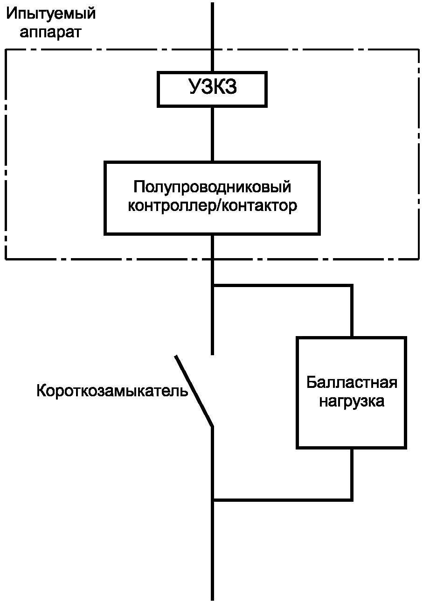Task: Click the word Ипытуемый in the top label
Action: click(x=51, y=14)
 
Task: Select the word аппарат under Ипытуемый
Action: click(x=51, y=33)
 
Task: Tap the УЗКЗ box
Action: click(x=212, y=88)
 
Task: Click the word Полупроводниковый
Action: click(x=212, y=187)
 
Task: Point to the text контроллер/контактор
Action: click(x=212, y=206)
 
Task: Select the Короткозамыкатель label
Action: click(x=112, y=390)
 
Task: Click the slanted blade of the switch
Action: click(x=194, y=391)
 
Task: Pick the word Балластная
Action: click(x=352, y=383)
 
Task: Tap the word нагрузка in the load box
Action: click(x=352, y=401)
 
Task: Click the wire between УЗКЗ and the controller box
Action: click(x=212, y=133)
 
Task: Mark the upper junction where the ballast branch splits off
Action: click(x=212, y=286)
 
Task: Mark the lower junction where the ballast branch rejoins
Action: click(x=212, y=500)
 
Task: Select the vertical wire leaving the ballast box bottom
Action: click(x=352, y=474)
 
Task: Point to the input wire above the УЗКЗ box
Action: click(x=212, y=37)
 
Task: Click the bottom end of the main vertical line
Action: click(x=212, y=598)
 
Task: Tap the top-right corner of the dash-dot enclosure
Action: click(x=418, y=50)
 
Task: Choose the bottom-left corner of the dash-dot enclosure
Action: click(x=6, y=258)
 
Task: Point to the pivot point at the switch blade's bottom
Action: click(x=212, y=426)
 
